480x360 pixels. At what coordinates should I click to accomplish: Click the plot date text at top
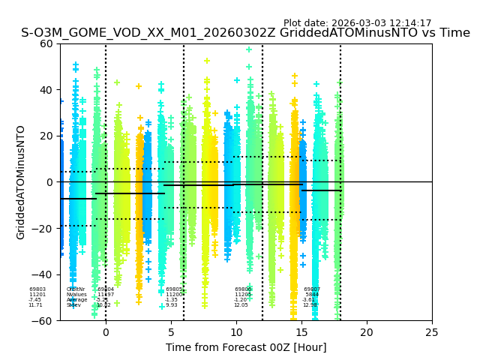[x=357, y=23]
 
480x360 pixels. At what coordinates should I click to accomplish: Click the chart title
[x=245, y=33]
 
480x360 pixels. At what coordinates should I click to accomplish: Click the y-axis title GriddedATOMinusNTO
[x=21, y=182]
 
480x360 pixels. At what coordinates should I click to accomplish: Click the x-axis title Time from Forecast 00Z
[x=246, y=347]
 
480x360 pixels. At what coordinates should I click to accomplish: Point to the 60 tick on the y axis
[x=48, y=43]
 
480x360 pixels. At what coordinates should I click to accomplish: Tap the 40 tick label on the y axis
[x=48, y=90]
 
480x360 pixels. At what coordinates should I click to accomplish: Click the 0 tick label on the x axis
[x=106, y=331]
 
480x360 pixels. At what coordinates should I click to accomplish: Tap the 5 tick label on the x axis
[x=171, y=331]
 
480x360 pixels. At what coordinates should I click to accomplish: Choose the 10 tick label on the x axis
[x=236, y=331]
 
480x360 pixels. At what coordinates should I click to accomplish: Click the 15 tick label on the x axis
[x=301, y=331]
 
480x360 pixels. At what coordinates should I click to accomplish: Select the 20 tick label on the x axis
[x=367, y=331]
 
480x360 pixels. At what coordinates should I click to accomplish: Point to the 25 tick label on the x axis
[x=432, y=331]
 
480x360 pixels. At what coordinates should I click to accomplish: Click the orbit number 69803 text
[x=37, y=289]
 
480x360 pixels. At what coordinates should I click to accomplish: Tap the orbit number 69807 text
[x=312, y=289]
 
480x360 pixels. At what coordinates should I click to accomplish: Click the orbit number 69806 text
[x=243, y=289]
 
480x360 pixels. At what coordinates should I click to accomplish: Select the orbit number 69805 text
[x=174, y=289]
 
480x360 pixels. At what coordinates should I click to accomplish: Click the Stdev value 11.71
[x=35, y=305]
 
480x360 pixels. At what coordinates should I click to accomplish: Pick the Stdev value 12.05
[x=241, y=305]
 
